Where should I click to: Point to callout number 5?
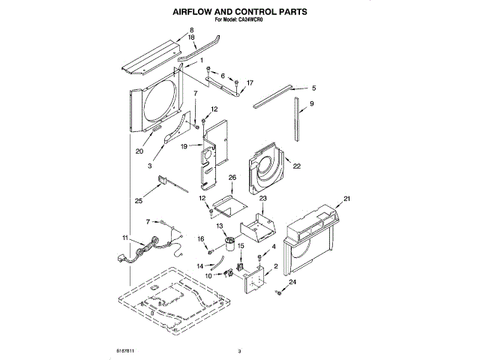(313, 88)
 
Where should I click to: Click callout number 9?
(311, 103)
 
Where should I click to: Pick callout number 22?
(297, 166)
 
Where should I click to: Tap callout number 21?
(346, 199)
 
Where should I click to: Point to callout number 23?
(263, 199)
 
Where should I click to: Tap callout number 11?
(125, 238)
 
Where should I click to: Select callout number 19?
(183, 146)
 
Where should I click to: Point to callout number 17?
(250, 82)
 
